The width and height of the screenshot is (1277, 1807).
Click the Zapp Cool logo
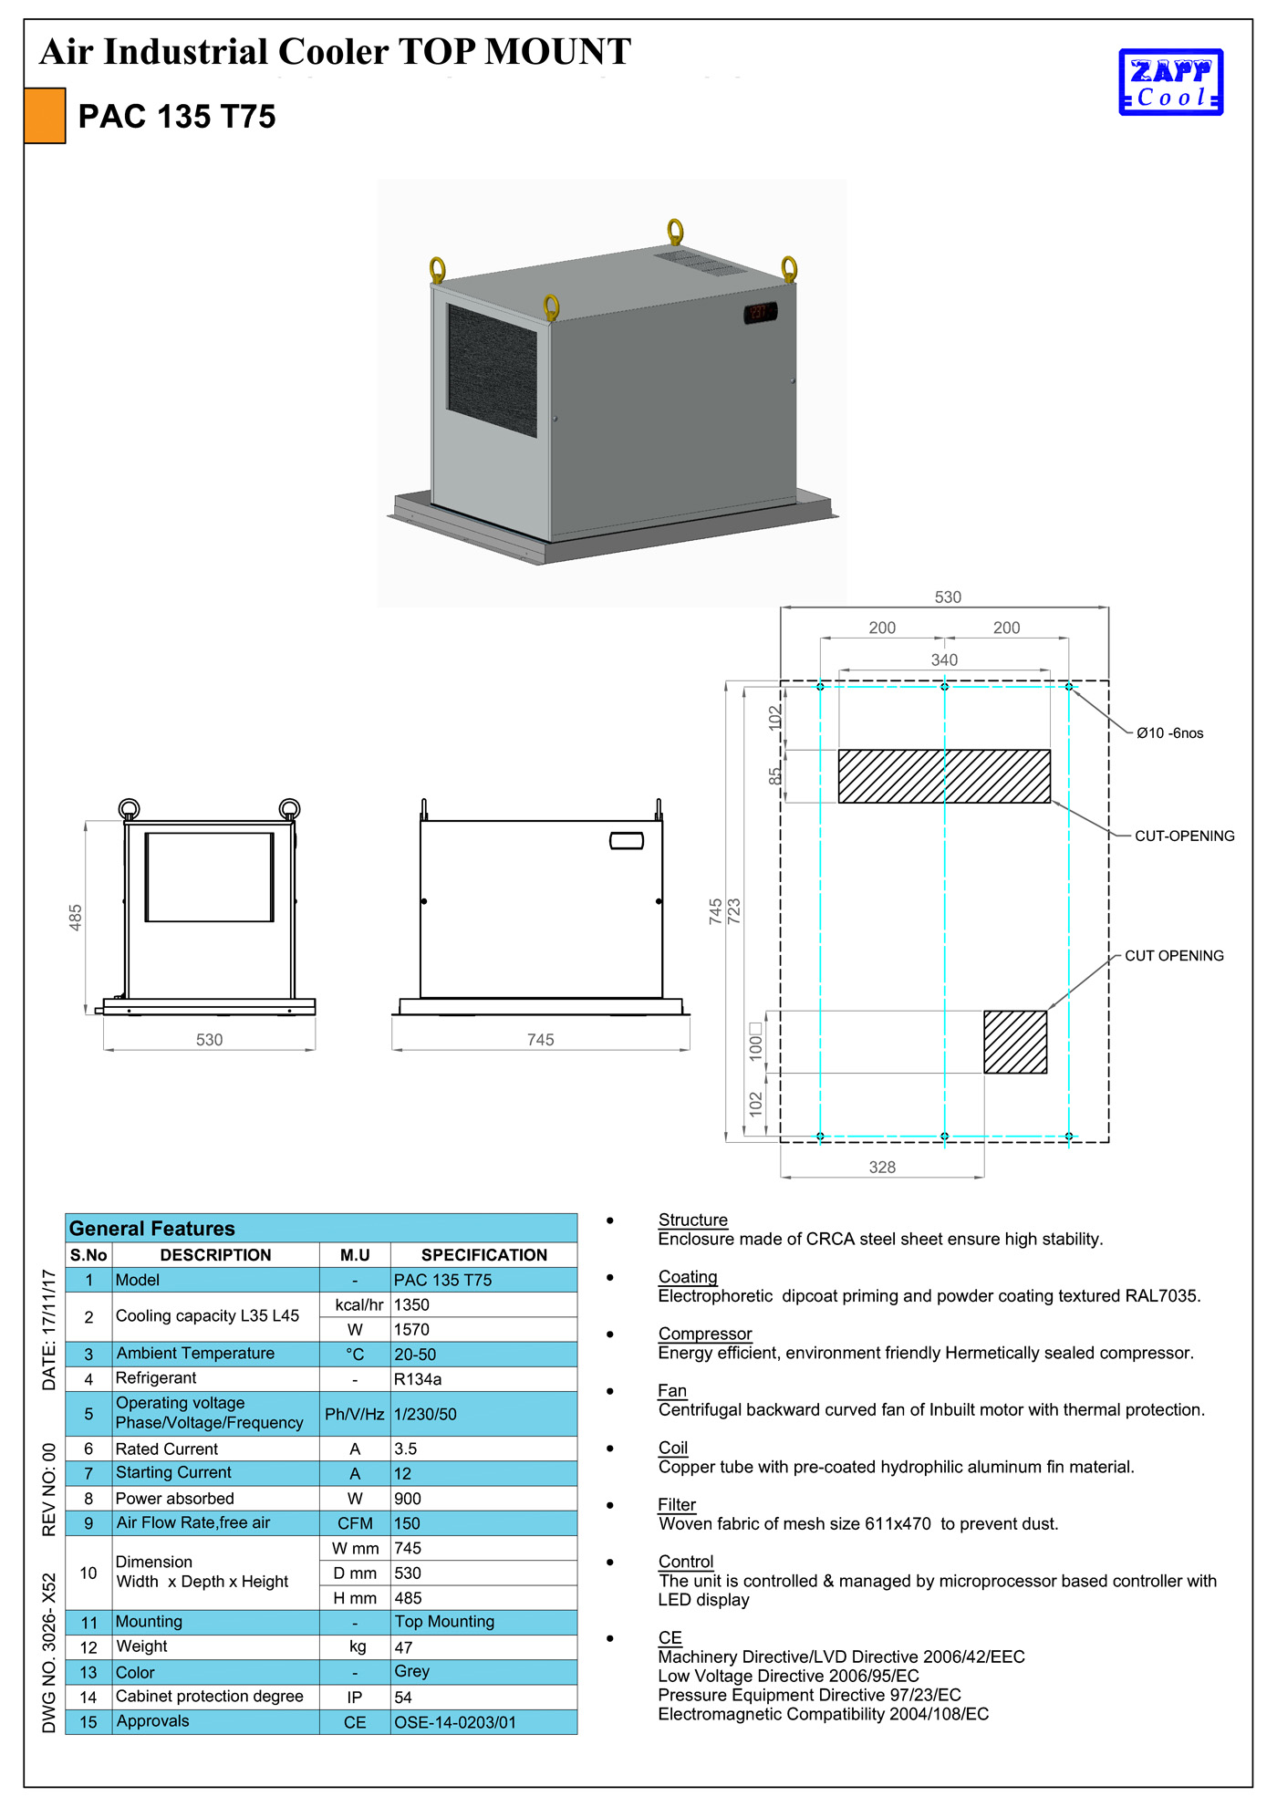(x=1170, y=82)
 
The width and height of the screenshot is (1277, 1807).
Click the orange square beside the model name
(x=45, y=116)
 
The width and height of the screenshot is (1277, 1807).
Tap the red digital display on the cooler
(x=760, y=313)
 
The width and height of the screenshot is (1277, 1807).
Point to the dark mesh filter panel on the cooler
(x=492, y=370)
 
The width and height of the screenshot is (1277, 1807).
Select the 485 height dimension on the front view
(x=76, y=917)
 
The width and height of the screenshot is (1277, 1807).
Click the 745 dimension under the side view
(x=540, y=1040)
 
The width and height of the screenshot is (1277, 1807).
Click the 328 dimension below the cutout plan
(x=882, y=1167)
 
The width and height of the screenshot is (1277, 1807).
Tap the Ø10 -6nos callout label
(x=1169, y=733)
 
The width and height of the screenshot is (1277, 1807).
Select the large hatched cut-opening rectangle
(x=944, y=776)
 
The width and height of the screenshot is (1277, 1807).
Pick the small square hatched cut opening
(x=1015, y=1042)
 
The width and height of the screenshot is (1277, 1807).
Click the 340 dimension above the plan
(x=944, y=659)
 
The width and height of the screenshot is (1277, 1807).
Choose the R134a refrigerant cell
(x=418, y=1379)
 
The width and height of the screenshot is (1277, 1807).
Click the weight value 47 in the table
(x=404, y=1647)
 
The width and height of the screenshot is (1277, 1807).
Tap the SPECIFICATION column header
(x=483, y=1255)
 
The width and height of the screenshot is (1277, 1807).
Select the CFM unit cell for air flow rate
(x=355, y=1523)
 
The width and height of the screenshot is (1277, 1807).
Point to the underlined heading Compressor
(x=705, y=1334)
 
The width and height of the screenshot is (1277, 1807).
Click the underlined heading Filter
(x=677, y=1504)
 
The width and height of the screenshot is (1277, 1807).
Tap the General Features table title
(x=152, y=1229)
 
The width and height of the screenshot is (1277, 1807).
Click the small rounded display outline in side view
(x=627, y=840)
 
